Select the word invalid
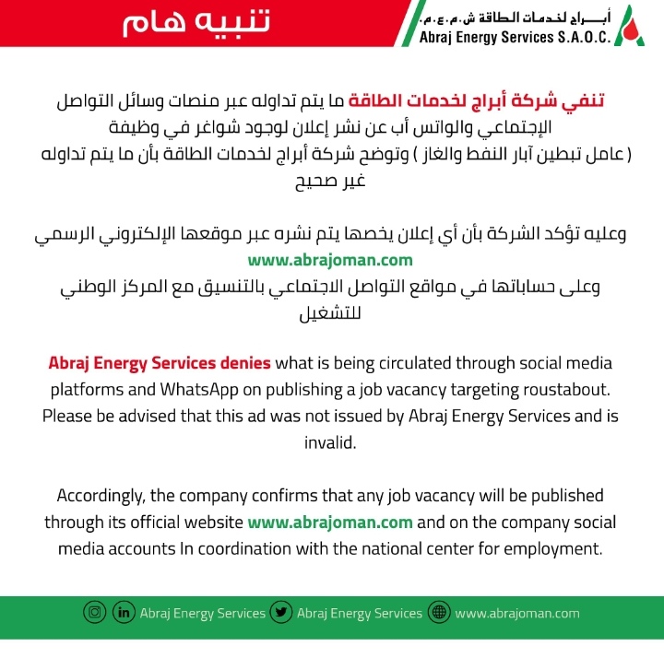click(x=330, y=442)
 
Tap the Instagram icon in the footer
click(x=94, y=613)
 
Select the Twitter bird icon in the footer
click(x=282, y=613)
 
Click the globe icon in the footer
click(x=439, y=613)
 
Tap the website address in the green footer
click(x=517, y=613)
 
